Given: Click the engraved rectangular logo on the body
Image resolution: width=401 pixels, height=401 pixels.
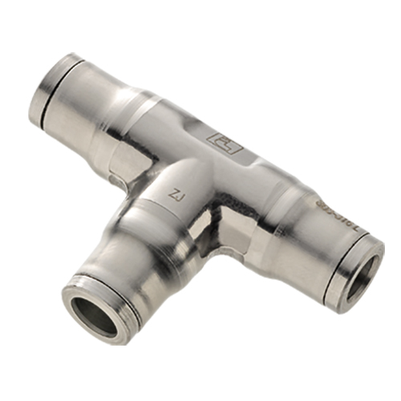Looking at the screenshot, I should [225, 142].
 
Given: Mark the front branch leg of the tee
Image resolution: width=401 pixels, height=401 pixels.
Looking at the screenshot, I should [128, 249].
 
